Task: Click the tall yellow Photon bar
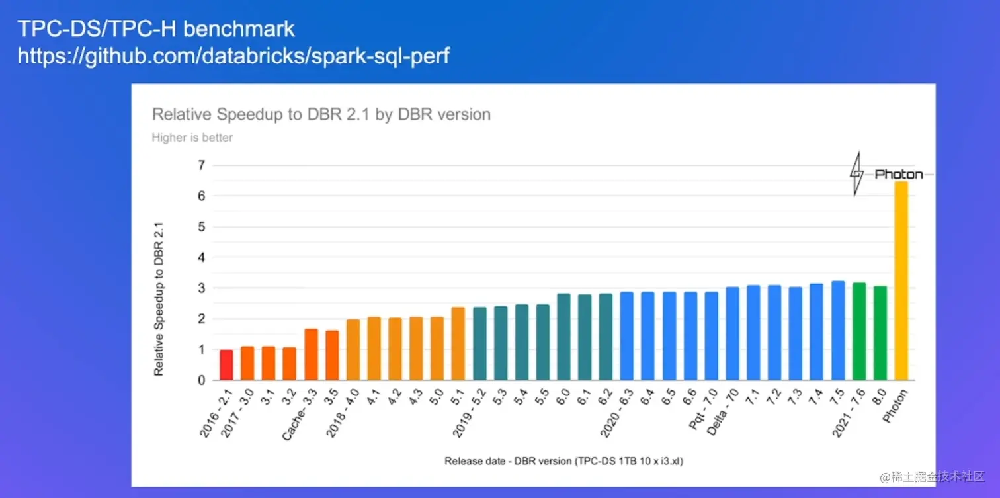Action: pyautogui.click(x=901, y=281)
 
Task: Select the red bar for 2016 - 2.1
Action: pyautogui.click(x=226, y=365)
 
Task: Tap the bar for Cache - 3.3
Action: pyautogui.click(x=311, y=354)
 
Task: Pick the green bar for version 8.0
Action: pyautogui.click(x=880, y=333)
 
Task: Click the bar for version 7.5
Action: pyautogui.click(x=838, y=331)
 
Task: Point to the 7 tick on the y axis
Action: pyautogui.click(x=201, y=165)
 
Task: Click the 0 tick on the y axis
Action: pyautogui.click(x=201, y=380)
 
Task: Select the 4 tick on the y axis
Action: pyautogui.click(x=201, y=258)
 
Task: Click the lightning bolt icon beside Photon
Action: pyautogui.click(x=856, y=174)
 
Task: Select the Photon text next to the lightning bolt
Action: pyautogui.click(x=898, y=175)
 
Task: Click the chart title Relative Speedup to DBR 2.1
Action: pyautogui.click(x=321, y=114)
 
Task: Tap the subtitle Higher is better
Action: pyautogui.click(x=192, y=138)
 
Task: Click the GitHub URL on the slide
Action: pyautogui.click(x=233, y=56)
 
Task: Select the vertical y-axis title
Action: pyautogui.click(x=159, y=299)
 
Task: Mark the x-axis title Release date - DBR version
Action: pyautogui.click(x=563, y=461)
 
